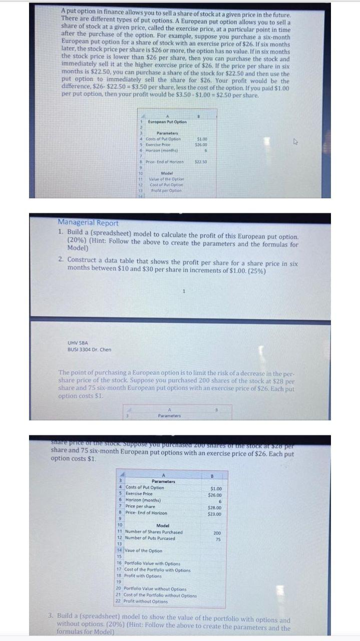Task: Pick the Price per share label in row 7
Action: click(143, 506)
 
